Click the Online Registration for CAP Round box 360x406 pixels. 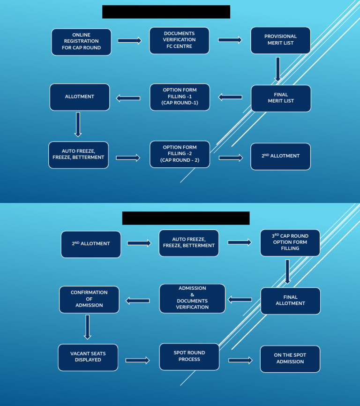click(81, 42)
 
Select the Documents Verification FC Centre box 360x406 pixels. click(179, 40)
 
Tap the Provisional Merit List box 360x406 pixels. click(280, 40)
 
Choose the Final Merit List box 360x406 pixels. click(281, 98)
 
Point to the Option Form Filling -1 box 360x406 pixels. click(180, 97)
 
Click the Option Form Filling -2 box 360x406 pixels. click(180, 154)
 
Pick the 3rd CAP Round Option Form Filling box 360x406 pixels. click(290, 242)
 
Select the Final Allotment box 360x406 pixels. click(290, 301)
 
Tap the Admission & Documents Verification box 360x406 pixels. click(192, 298)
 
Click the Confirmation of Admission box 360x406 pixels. click(89, 299)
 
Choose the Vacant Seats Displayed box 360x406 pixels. click(88, 357)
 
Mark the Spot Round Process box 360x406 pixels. click(189, 356)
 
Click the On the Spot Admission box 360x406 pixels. click(290, 359)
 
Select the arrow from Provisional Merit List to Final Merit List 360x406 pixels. click(278, 69)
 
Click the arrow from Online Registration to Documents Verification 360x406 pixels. click(129, 41)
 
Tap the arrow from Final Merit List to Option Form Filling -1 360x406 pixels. click(230, 98)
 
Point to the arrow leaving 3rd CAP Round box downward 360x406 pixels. click(287, 271)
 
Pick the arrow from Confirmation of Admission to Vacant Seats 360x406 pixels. click(87, 326)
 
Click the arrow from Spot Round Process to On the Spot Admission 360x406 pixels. click(240, 360)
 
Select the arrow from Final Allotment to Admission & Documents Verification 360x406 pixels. click(240, 300)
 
